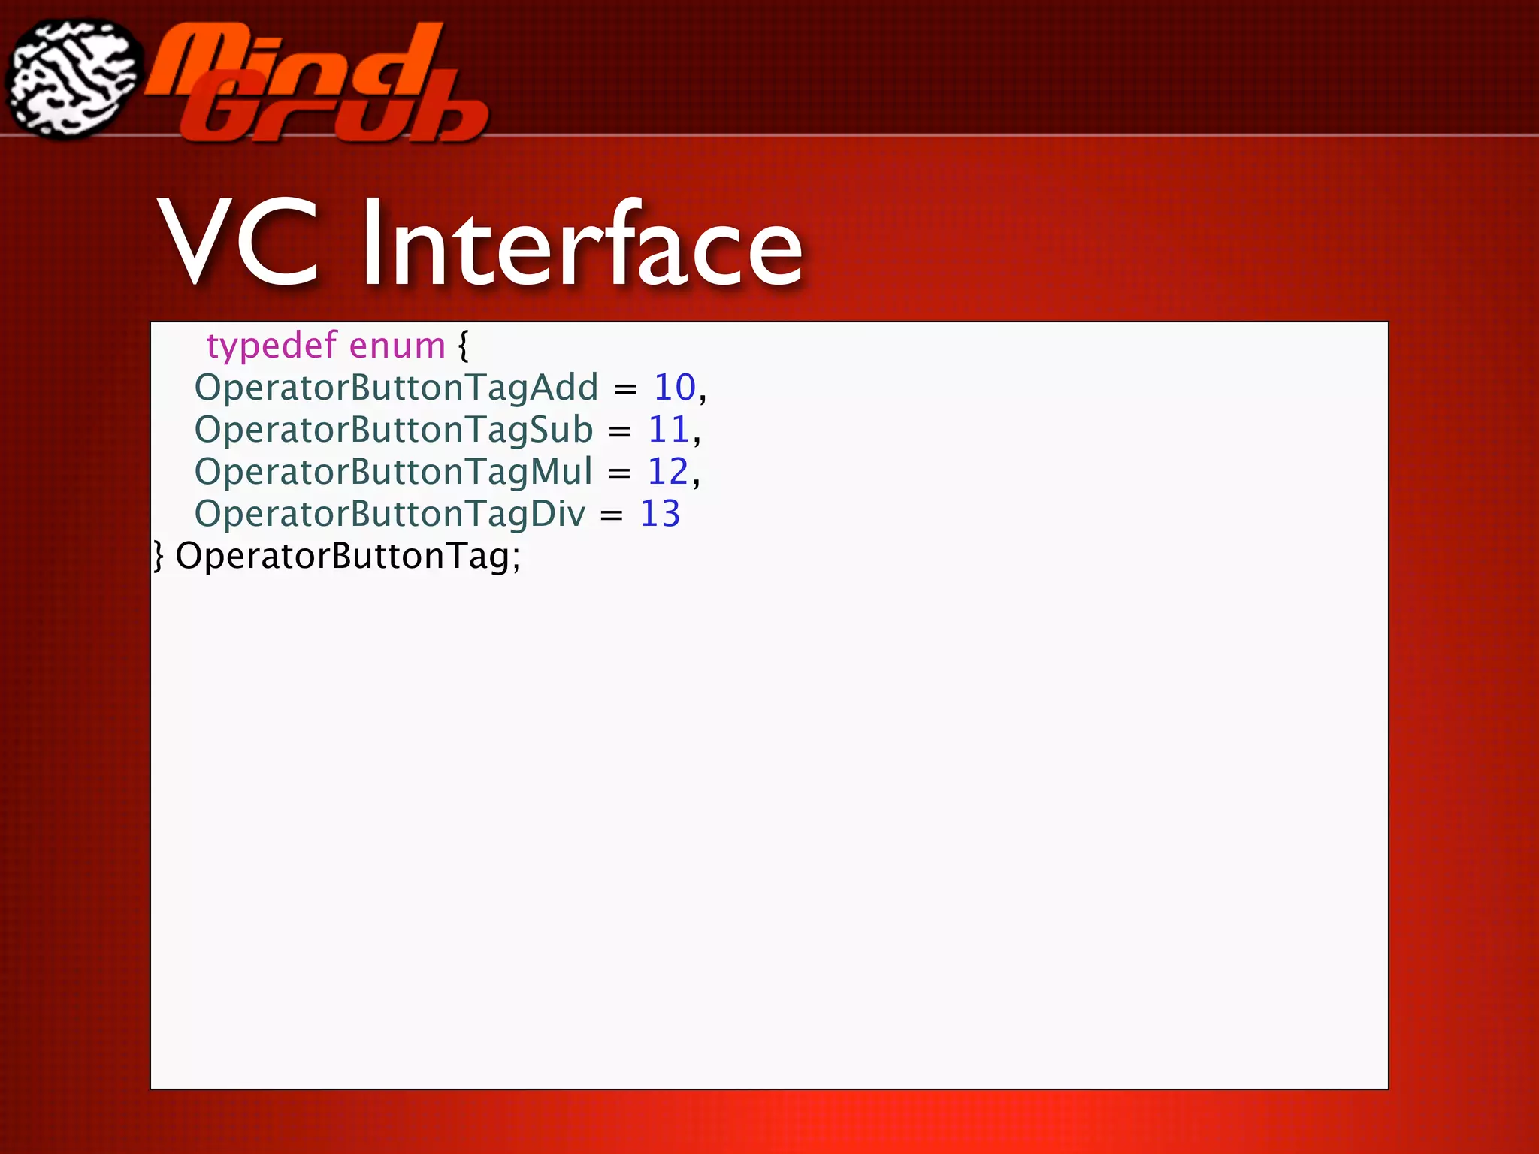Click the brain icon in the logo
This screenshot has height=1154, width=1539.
pos(73,80)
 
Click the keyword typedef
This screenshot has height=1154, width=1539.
pos(271,346)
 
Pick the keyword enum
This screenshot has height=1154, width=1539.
pos(398,346)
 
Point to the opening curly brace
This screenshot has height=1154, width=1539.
pos(463,346)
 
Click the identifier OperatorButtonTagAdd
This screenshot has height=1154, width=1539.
pos(396,388)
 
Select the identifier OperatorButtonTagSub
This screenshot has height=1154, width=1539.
pos(394,430)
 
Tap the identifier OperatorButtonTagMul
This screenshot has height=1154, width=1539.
pos(394,473)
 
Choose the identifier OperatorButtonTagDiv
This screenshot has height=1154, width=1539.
pos(390,515)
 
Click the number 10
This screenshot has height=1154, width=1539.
pos(674,388)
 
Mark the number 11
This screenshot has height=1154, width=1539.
pos(668,430)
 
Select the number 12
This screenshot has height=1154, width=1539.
pos(668,473)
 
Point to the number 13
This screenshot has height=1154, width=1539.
pos(660,515)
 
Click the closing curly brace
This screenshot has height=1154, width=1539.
pos(158,557)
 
